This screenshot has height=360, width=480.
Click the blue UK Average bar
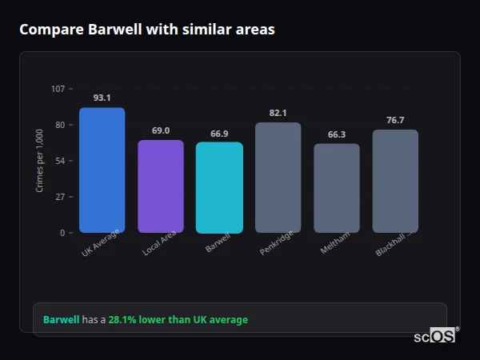[102, 170]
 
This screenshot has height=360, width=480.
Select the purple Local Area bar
[161, 186]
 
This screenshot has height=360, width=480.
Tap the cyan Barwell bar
[219, 188]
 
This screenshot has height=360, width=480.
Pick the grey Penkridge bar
[278, 178]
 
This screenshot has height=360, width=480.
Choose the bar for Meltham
[337, 188]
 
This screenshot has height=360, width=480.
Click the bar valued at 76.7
[395, 181]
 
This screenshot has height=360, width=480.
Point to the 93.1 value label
[102, 98]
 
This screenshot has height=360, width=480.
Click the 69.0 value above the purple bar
[161, 130]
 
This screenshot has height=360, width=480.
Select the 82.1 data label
[278, 113]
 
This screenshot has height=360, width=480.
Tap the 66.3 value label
[337, 134]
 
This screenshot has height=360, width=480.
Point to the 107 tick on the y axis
[58, 88]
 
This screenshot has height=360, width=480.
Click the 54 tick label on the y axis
[60, 161]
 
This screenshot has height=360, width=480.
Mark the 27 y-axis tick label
[60, 197]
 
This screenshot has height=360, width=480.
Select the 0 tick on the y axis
[62, 233]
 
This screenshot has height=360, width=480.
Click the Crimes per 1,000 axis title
[40, 160]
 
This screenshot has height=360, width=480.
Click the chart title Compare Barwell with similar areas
[146, 30]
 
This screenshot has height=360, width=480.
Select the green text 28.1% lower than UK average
[178, 320]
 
